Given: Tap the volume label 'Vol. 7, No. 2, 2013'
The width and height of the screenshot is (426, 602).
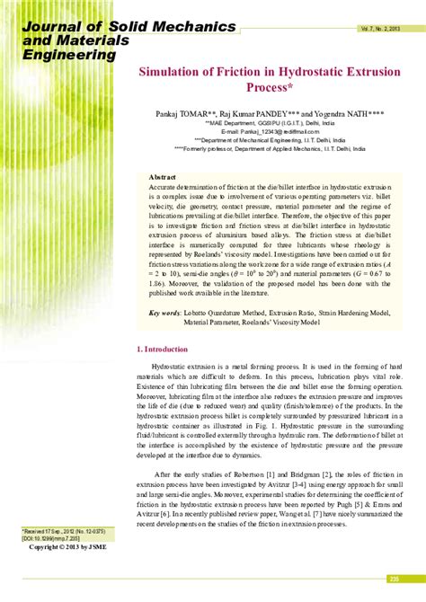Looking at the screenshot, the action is pos(383,30).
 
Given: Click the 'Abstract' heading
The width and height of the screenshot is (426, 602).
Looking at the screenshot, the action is pos(163,178).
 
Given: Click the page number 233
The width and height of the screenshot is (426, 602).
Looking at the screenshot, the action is pos(393,578).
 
